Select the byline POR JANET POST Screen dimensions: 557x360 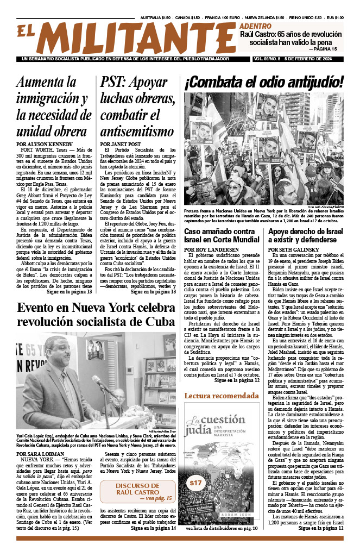tap(121, 144)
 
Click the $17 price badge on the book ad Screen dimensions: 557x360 tap(195, 483)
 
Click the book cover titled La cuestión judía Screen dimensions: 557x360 tap(222, 465)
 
